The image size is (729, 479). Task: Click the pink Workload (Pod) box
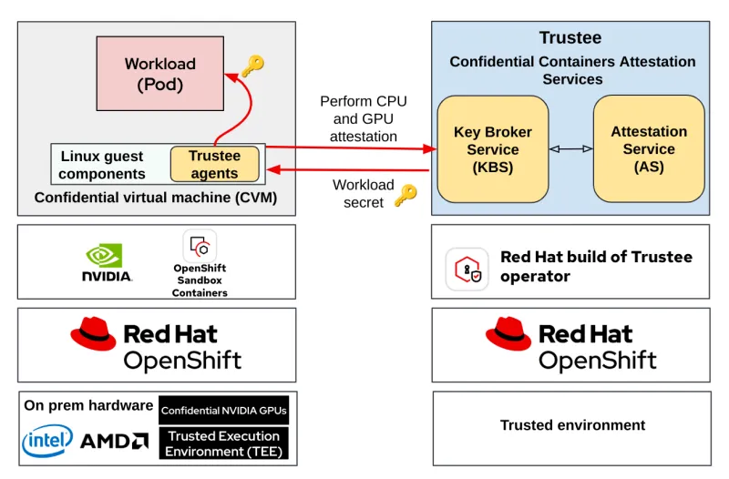159,74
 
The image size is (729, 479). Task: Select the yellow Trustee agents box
214,164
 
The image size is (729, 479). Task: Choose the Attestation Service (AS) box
649,148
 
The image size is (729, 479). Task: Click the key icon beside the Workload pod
252,66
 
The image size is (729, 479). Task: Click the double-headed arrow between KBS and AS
570,148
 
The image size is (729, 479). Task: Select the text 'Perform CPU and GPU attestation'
363,118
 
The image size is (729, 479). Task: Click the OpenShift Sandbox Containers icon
200,247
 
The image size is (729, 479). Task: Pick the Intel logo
47,441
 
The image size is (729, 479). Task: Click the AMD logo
115,442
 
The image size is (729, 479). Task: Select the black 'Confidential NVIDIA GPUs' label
223,411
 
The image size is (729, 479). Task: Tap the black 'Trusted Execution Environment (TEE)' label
223,443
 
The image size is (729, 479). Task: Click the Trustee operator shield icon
467,269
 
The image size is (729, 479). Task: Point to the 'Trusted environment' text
572,425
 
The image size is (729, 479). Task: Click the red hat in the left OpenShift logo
93,334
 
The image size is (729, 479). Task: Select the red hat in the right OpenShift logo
508,334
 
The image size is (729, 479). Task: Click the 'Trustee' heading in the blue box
570,38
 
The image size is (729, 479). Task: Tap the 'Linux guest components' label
102,165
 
